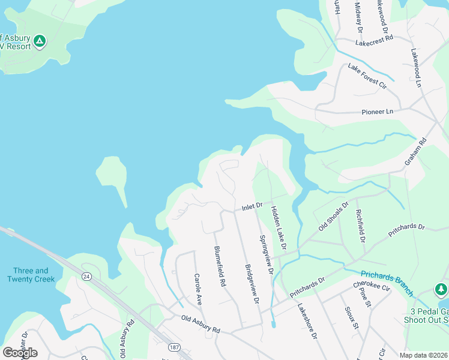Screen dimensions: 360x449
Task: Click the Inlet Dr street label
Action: coord(253,206)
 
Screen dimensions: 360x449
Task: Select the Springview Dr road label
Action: coord(266,254)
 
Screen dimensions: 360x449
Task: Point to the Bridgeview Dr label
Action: coord(252,284)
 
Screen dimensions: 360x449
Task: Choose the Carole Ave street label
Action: coord(197,287)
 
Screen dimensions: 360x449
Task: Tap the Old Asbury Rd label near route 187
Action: coord(200,330)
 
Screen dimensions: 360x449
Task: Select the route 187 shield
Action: coord(174,347)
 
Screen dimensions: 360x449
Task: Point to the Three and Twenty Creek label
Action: coord(31,275)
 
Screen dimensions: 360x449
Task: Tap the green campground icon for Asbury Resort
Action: coord(40,41)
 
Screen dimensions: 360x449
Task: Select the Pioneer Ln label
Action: coord(377,112)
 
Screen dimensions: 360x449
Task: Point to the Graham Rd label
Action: coord(415,151)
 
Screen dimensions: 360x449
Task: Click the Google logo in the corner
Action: coord(20,353)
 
